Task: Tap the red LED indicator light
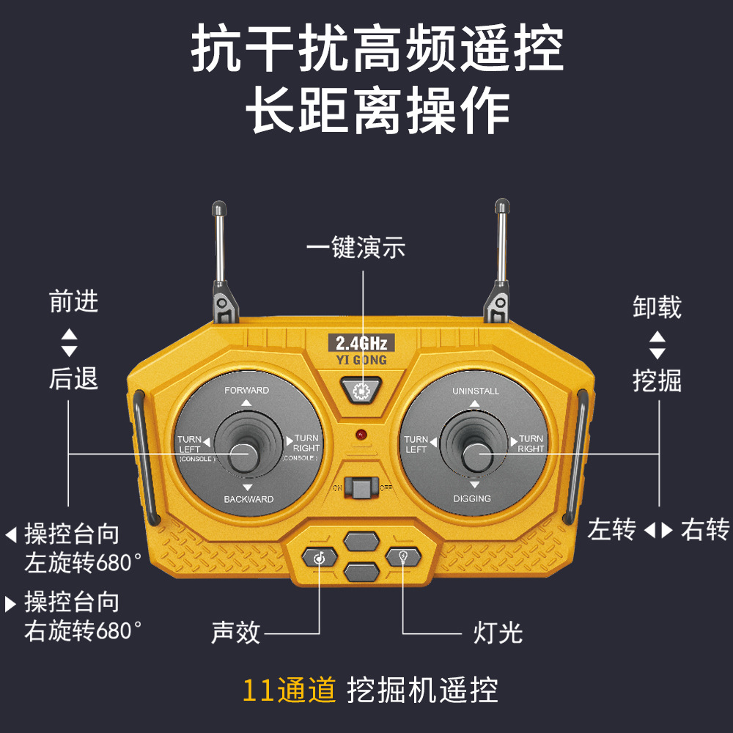[361, 435]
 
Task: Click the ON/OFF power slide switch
[361, 487]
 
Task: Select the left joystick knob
[243, 454]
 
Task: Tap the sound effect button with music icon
[320, 557]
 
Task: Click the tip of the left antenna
[218, 208]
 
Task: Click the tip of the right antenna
[501, 207]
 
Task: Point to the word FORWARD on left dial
[246, 391]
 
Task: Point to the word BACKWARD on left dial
[248, 499]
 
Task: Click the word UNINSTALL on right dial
[476, 391]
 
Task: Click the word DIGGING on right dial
[472, 498]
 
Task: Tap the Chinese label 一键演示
[356, 248]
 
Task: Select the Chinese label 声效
[236, 632]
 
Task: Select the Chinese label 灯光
[498, 632]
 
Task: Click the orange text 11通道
[290, 690]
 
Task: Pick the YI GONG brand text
[360, 360]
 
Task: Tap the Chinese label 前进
[74, 301]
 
